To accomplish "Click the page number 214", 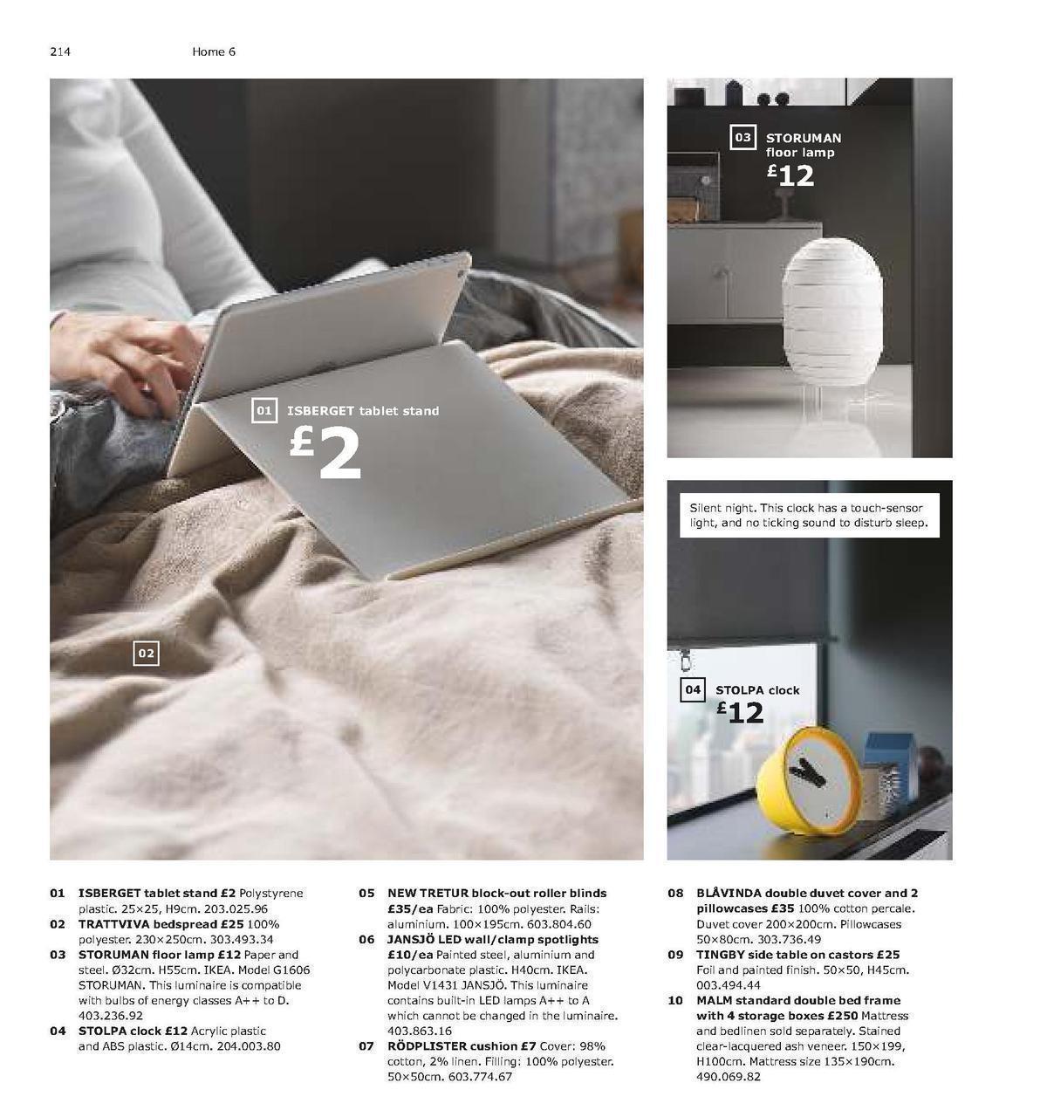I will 59,51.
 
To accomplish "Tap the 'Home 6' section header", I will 214,51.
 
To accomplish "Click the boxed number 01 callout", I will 263,410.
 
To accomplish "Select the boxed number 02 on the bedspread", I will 146,653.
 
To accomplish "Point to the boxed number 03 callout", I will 742,137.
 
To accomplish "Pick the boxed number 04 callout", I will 693,689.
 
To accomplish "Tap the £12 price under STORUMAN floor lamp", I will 791,175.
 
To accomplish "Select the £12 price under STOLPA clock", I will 741,713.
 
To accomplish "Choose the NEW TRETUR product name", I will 427,894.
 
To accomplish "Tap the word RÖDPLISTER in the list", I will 427,1046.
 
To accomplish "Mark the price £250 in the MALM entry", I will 843,1016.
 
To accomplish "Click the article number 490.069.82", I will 729,1077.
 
